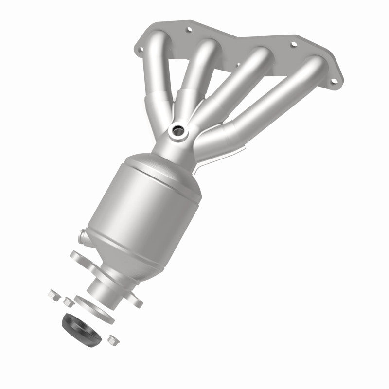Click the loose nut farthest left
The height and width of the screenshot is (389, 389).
[53, 294]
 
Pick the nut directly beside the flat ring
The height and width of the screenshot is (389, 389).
[69, 302]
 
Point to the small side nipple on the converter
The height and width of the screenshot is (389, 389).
[82, 237]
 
